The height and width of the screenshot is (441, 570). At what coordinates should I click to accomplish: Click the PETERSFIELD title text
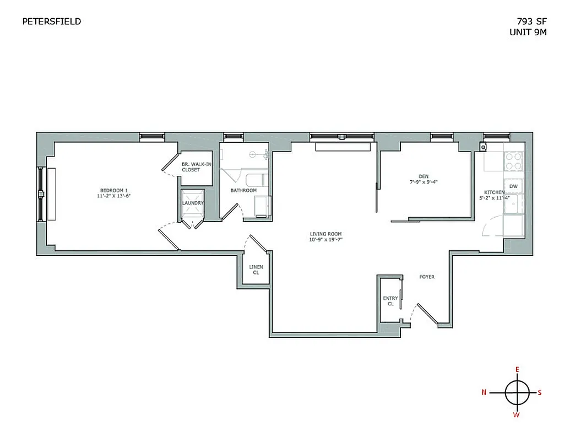(51, 21)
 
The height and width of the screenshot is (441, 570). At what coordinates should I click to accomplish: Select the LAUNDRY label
(193, 203)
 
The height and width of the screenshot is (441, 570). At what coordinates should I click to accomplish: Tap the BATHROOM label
(243, 191)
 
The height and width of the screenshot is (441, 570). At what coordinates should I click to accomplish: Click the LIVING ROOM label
(325, 234)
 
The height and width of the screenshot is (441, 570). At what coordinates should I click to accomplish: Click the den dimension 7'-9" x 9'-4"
(424, 182)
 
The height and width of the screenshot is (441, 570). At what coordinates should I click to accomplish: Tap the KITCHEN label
(495, 192)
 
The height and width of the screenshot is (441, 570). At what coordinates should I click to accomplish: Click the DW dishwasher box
(513, 186)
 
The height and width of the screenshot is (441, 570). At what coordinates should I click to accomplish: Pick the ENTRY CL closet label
(390, 301)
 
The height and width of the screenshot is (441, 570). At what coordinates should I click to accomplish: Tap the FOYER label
(427, 277)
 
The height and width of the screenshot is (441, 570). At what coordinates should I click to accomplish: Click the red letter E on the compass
(517, 369)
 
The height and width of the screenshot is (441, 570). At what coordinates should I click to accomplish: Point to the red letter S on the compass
(540, 392)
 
